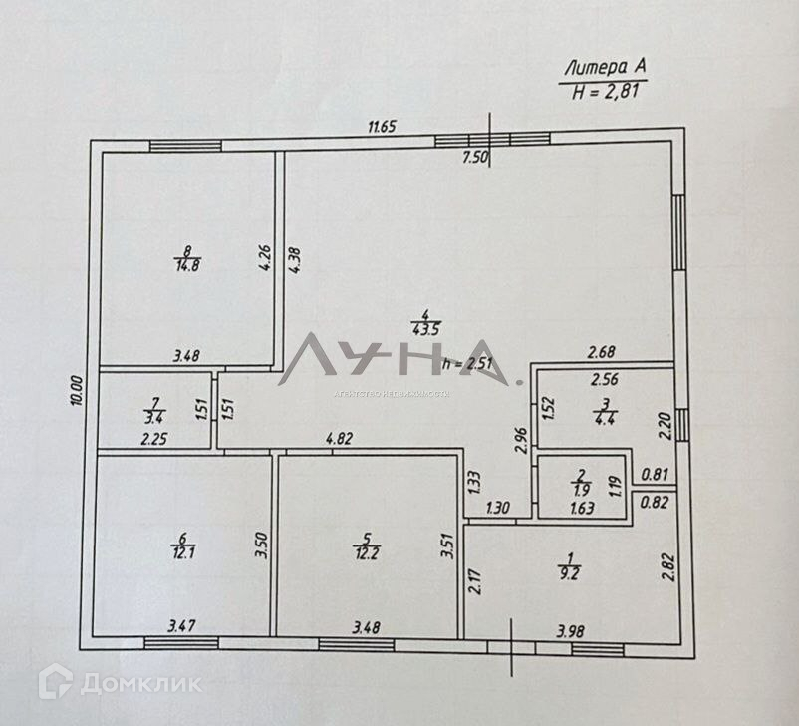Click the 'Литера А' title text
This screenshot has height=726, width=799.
[605, 68]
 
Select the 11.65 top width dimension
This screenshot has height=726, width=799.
[383, 126]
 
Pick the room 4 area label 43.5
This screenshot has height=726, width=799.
[425, 329]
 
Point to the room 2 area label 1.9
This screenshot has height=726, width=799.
[583, 489]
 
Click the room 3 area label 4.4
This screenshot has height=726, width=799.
[604, 418]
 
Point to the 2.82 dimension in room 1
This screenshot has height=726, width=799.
[668, 568]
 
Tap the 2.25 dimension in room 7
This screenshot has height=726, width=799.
[153, 438]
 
